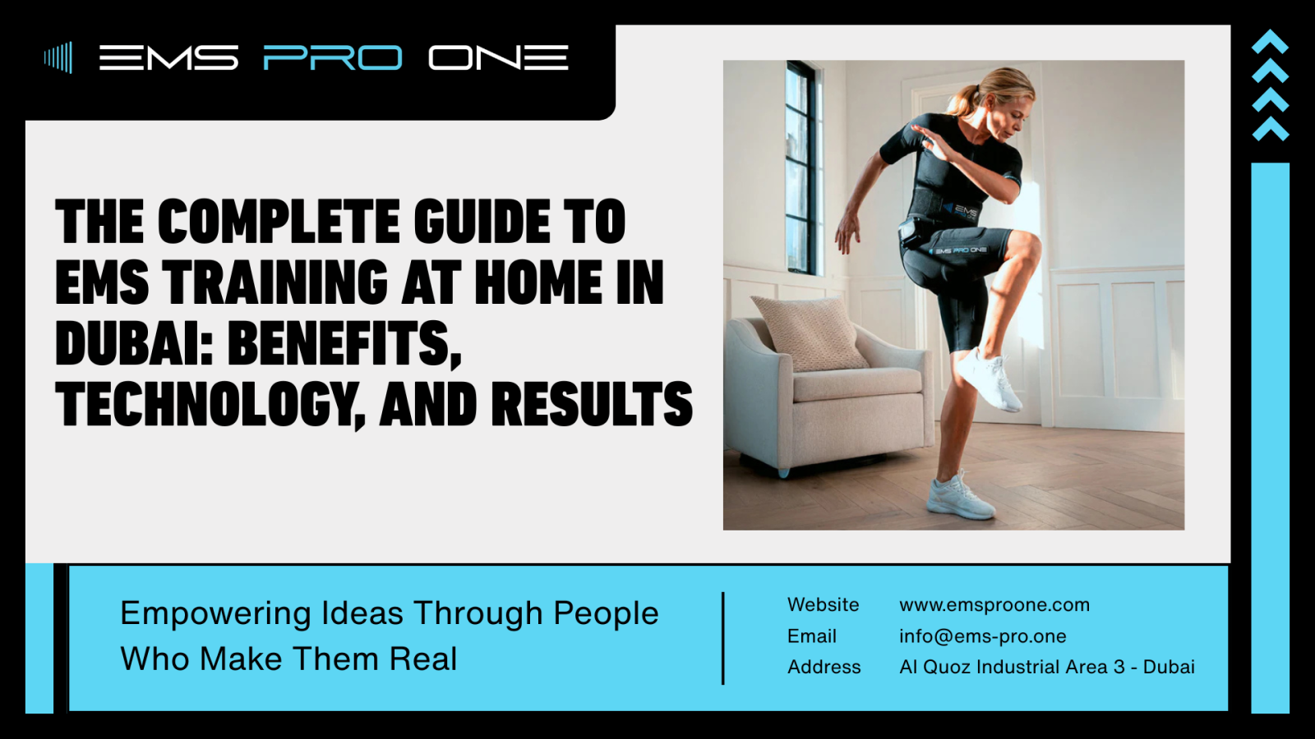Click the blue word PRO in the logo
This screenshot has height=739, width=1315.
[333, 57]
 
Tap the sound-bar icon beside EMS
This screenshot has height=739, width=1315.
[58, 57]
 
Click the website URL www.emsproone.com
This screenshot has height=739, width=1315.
[994, 604]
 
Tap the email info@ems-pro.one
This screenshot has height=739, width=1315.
[983, 636]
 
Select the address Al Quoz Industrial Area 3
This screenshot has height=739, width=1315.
[1012, 667]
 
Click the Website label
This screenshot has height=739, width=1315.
[823, 604]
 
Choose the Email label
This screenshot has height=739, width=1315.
[812, 636]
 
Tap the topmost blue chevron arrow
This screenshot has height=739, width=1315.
[1270, 42]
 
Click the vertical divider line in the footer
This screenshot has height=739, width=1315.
[723, 638]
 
